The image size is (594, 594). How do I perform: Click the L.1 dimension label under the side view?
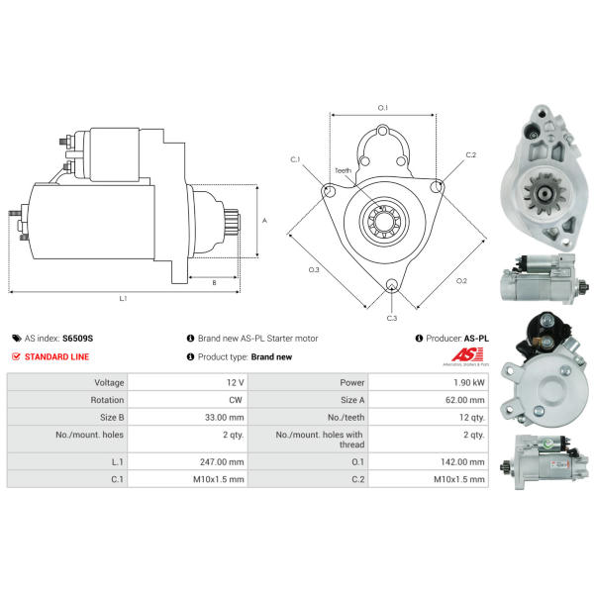(123, 299)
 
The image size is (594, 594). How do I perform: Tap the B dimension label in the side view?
(214, 282)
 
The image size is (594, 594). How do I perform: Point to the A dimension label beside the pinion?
(264, 221)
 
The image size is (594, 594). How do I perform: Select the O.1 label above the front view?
(383, 108)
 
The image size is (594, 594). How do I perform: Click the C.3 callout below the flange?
(392, 318)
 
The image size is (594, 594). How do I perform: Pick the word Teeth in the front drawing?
(343, 171)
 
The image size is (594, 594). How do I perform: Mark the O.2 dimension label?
(461, 281)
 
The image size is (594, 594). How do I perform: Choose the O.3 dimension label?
(314, 269)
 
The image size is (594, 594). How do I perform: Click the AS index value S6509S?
(77, 339)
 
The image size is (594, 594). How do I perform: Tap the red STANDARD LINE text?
(56, 356)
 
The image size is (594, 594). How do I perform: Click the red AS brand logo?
(467, 355)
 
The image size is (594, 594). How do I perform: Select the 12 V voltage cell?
(236, 382)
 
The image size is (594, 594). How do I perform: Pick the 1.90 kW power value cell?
(469, 382)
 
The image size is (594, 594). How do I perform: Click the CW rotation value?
(236, 400)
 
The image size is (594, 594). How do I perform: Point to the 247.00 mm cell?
(222, 462)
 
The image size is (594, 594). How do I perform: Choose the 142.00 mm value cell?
(462, 462)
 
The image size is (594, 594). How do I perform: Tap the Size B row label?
(112, 418)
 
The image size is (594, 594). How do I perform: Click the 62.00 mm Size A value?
(465, 400)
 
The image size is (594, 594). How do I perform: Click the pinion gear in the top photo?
(544, 194)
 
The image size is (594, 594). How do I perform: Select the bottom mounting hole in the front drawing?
(392, 285)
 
